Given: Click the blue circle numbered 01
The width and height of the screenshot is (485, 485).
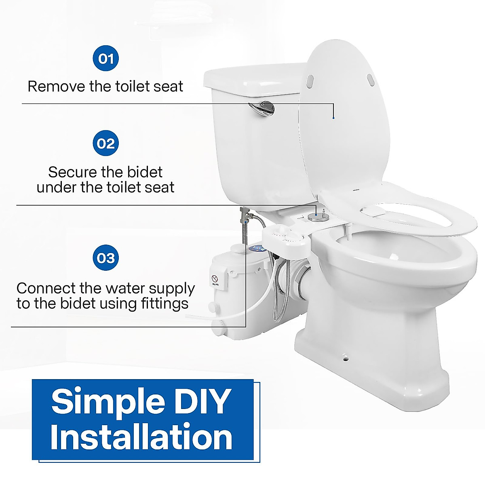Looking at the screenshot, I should click(105, 59).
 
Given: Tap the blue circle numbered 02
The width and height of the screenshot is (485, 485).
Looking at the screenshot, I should click(105, 143).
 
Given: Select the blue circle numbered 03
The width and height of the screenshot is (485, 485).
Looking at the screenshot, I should click(105, 258).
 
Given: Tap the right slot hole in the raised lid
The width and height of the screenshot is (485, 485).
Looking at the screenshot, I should click(371, 79).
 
